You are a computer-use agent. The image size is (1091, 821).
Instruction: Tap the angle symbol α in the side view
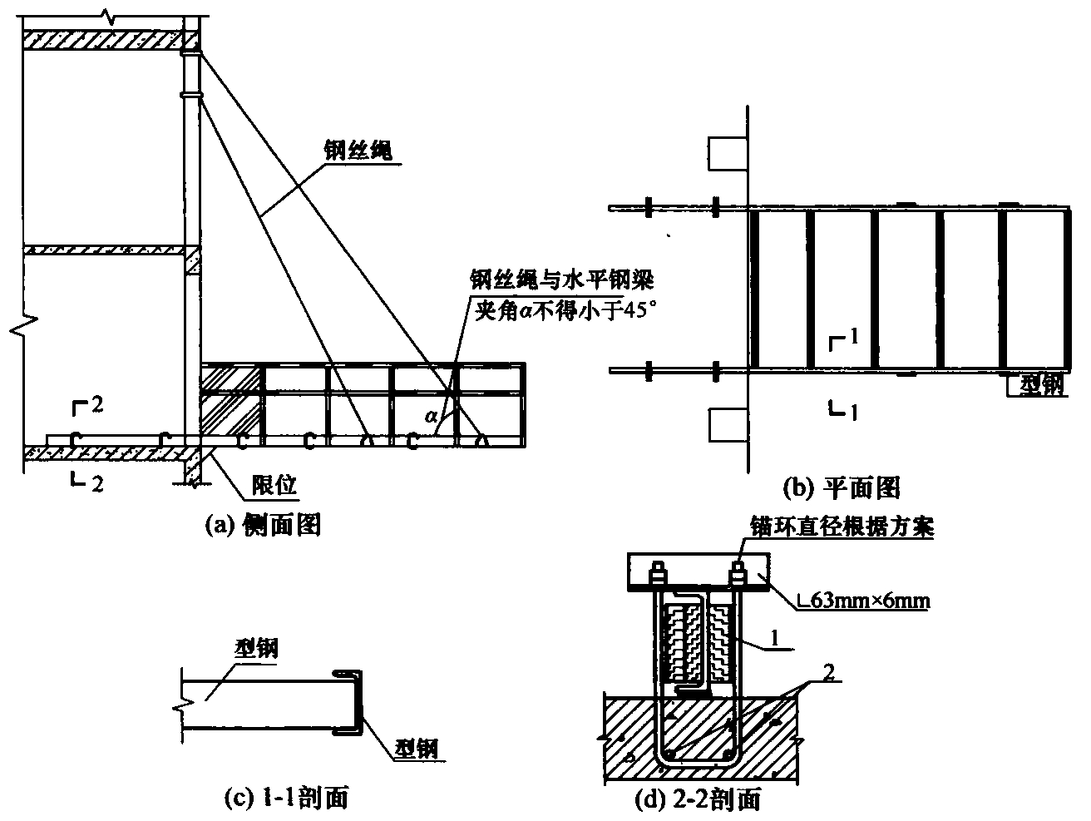(432, 415)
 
